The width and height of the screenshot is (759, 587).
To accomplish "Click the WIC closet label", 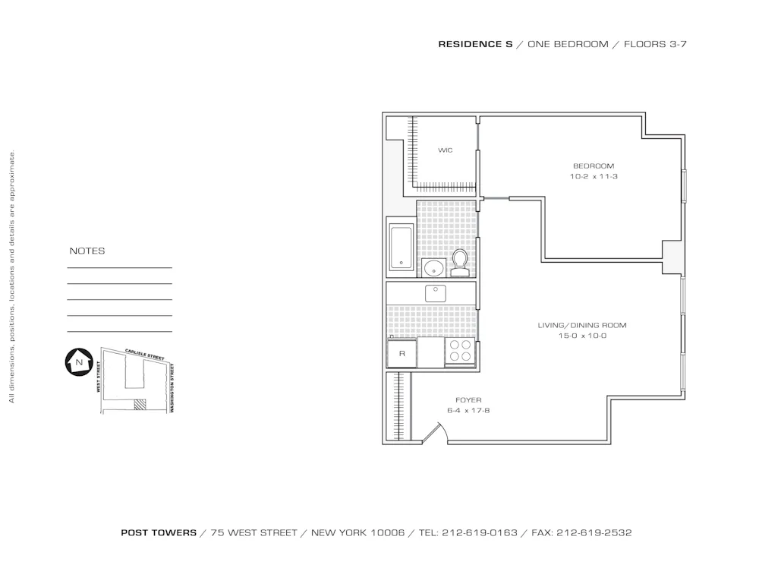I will (445, 150).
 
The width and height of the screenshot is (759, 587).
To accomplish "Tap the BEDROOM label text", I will (593, 166).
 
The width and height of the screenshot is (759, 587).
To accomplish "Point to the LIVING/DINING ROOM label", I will (581, 325).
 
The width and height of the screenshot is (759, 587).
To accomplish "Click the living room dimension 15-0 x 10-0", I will (582, 336).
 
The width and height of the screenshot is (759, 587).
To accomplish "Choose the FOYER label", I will (468, 399).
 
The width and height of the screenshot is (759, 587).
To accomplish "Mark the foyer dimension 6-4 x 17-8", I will (468, 410).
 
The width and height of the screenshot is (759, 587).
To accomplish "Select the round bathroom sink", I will (434, 267).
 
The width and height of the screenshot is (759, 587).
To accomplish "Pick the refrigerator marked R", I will (402, 354).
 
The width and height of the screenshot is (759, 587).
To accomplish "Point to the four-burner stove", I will (459, 350).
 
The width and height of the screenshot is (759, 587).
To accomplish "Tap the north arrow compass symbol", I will (78, 362).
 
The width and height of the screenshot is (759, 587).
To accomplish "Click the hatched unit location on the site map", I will (139, 405).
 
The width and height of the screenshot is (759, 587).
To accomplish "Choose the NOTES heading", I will (87, 251).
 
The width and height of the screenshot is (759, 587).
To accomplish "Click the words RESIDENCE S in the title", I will (475, 44).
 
